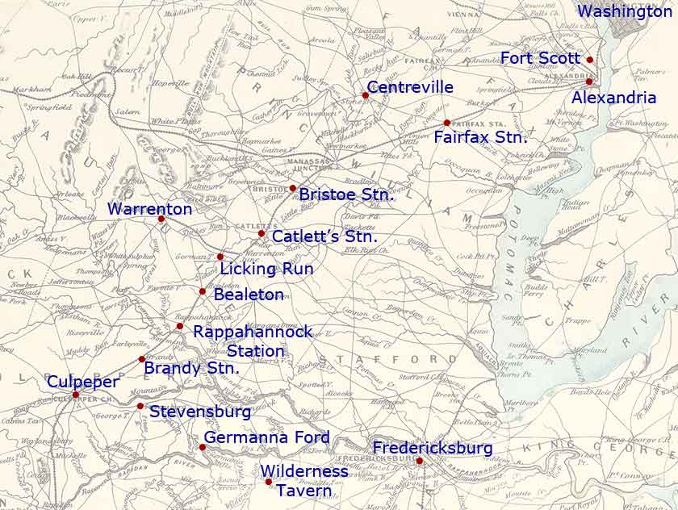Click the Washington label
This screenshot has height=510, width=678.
coord(625,11)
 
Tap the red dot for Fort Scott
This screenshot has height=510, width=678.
coord(590,60)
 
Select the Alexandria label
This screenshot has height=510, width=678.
coord(613,98)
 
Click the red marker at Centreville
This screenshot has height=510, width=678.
coord(365,95)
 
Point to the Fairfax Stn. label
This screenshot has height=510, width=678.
coord(480,137)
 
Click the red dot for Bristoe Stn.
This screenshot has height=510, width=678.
coord(293,188)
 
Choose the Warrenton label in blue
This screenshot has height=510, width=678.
coord(150,209)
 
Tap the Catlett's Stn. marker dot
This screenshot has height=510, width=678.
coord(262,233)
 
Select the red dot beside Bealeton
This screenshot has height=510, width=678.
coord(203,291)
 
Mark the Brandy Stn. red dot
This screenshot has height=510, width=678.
coord(142,359)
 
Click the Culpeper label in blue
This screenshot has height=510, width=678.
coord(82,382)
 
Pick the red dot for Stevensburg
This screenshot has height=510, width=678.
coord(140,406)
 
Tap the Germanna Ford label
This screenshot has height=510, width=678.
coord(266,437)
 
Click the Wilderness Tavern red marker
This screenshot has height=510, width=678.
coord(269,482)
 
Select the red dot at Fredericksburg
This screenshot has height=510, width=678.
coord(420,461)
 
